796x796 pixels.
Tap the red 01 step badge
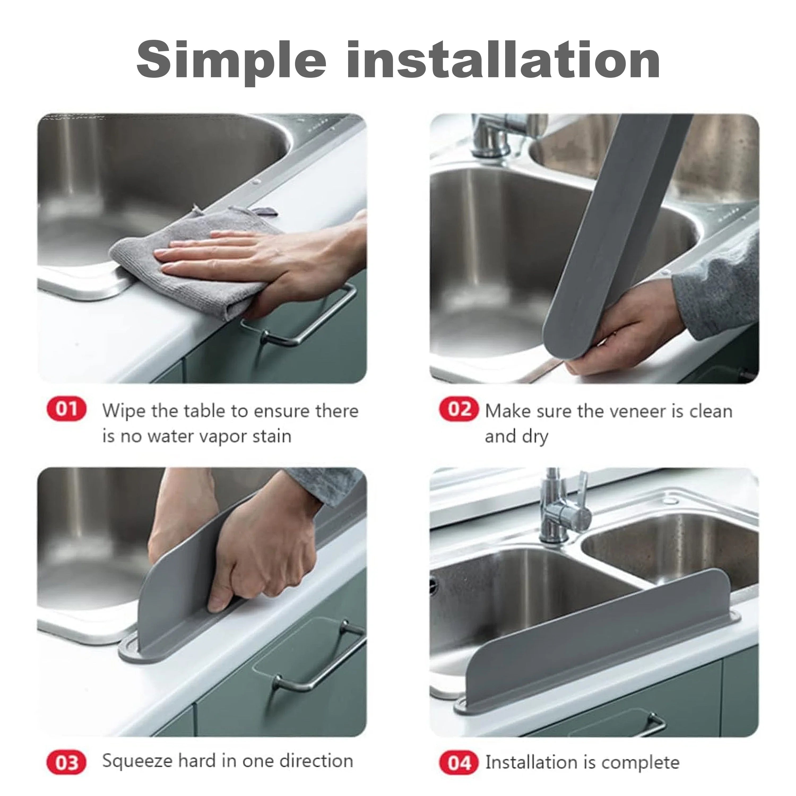(x=67, y=409)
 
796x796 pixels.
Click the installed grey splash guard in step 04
(x=598, y=643)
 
